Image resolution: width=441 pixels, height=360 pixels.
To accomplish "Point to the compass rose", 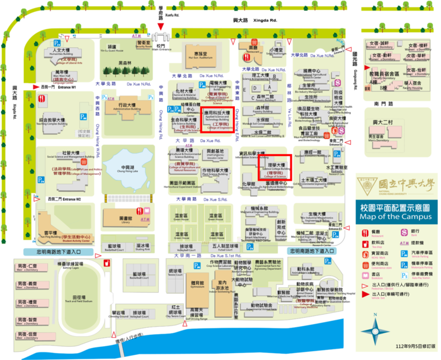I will point(376,327).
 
